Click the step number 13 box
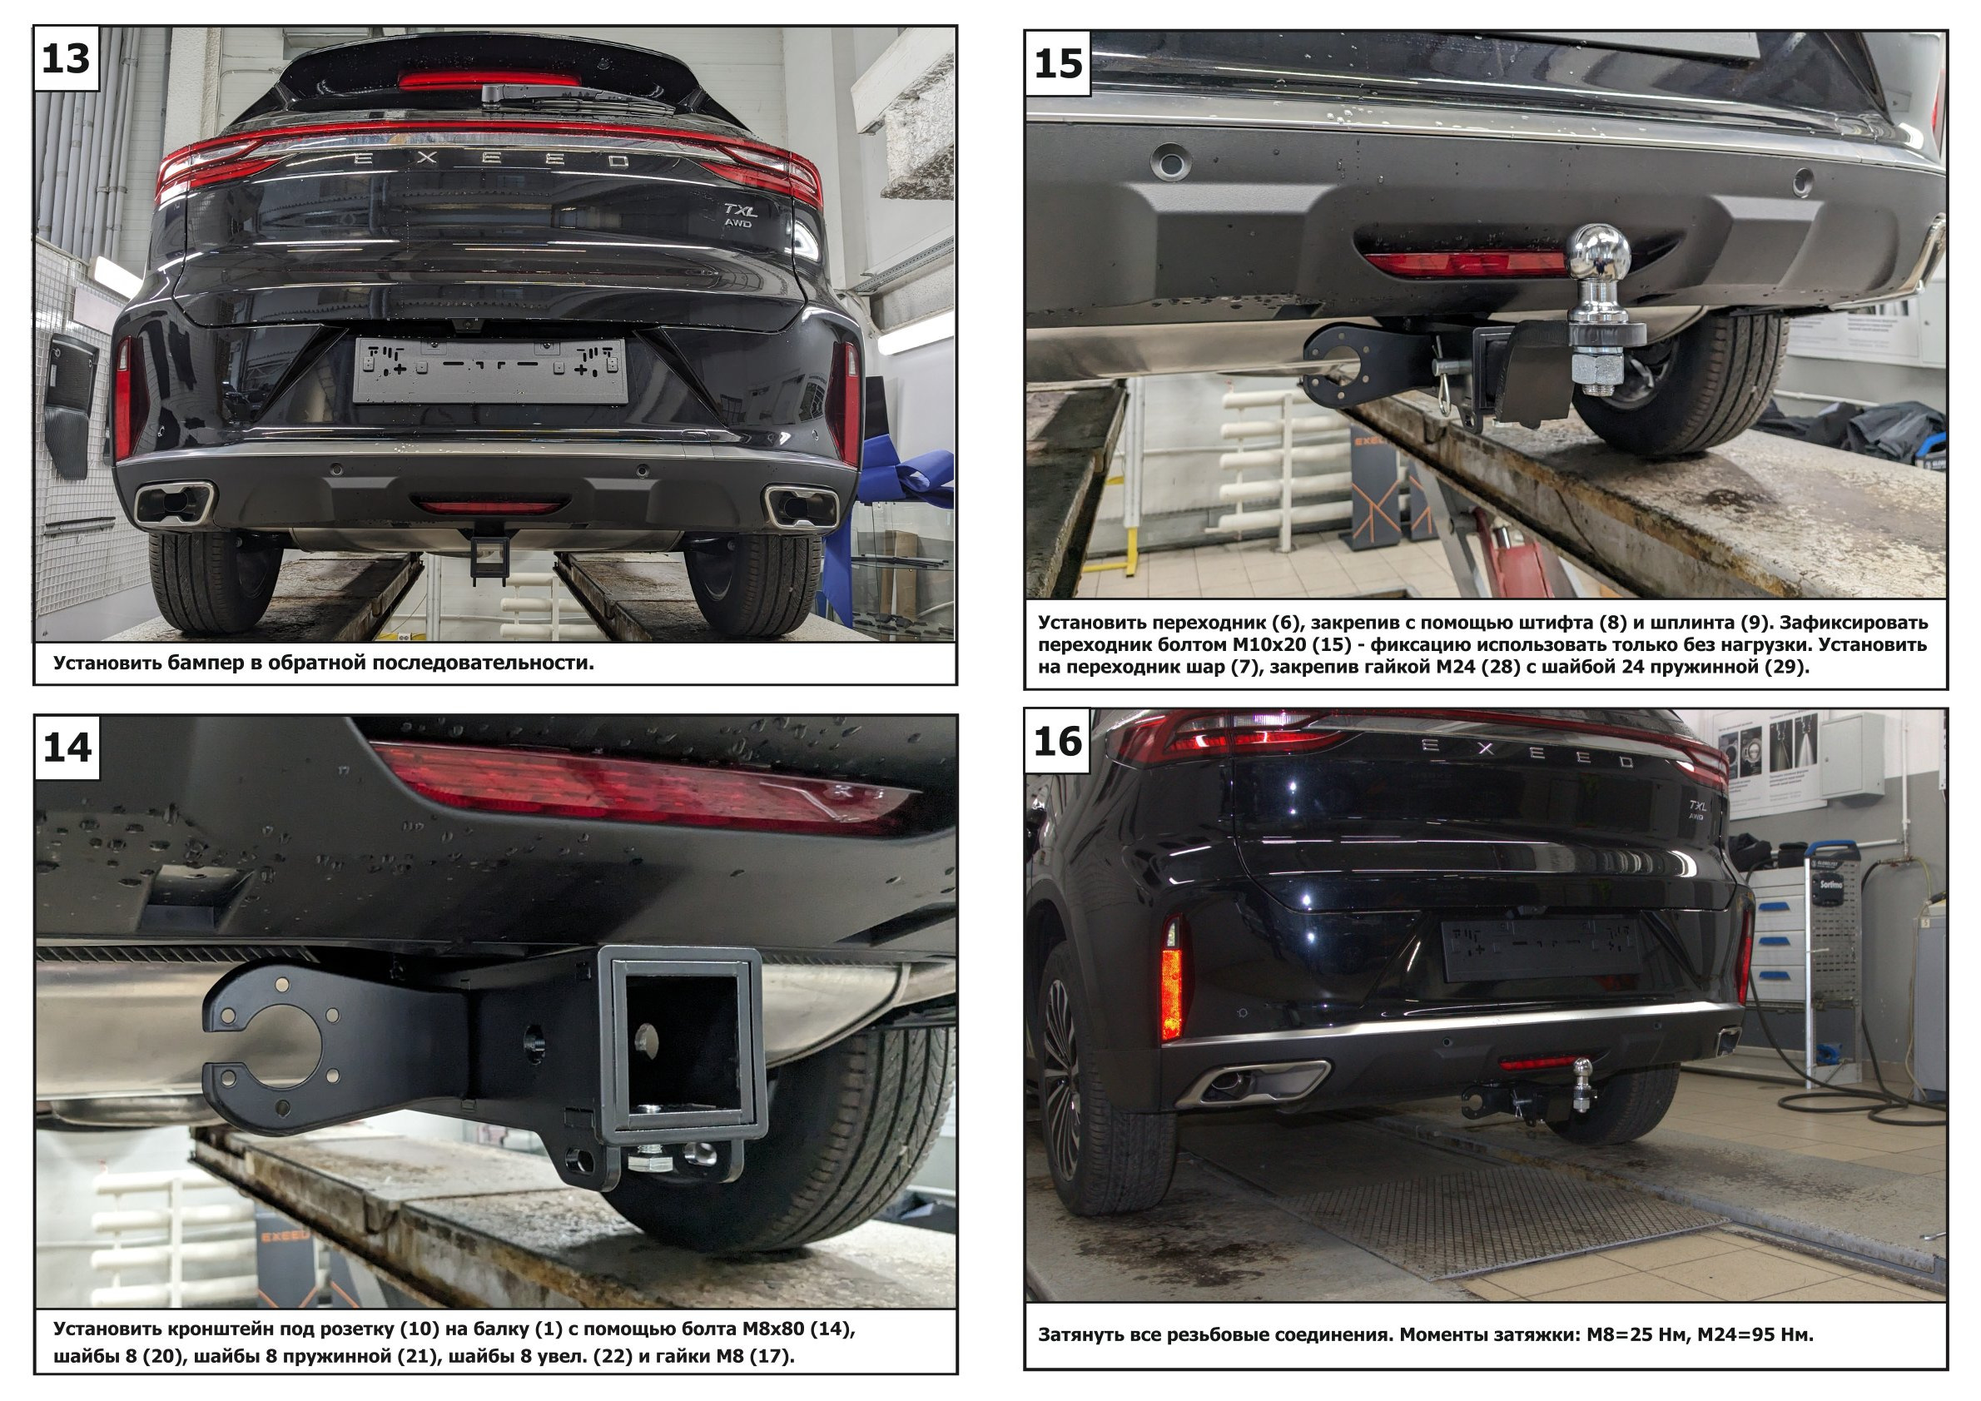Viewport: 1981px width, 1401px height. pos(67,58)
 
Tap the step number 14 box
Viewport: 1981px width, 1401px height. pos(67,747)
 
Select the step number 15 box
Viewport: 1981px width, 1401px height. pos(1058,63)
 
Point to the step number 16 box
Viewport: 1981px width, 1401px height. pos(1058,741)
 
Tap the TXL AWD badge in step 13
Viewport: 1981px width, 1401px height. pos(739,215)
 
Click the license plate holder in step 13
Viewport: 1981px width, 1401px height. pos(491,370)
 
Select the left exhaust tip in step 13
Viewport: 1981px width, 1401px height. pos(175,504)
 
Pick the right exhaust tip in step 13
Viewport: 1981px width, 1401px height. pos(801,507)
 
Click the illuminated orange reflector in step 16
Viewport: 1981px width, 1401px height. pos(1172,995)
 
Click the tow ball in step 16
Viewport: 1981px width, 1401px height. pos(1583,1085)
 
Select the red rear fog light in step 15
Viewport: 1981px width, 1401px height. pos(1465,262)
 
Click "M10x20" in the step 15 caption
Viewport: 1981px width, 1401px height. pos(1273,644)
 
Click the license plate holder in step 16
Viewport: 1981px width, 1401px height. pos(1541,949)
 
